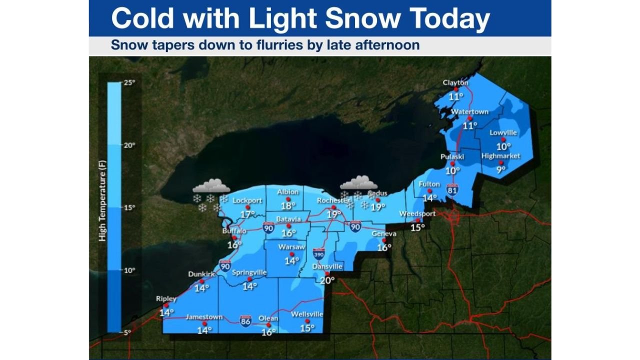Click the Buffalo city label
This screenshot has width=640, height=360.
point(234,231)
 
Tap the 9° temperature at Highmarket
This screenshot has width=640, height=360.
point(500,169)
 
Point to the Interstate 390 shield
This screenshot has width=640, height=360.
point(318,253)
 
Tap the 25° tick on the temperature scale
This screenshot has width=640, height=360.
point(129,82)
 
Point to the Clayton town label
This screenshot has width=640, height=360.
point(455,82)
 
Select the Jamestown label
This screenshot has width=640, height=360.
point(203,317)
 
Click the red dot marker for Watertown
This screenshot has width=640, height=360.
point(470,119)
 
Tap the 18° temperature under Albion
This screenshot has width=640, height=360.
point(288,205)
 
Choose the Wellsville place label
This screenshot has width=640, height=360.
point(307,314)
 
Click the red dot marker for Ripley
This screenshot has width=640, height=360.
point(166,305)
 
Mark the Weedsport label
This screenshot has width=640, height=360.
point(417,213)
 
